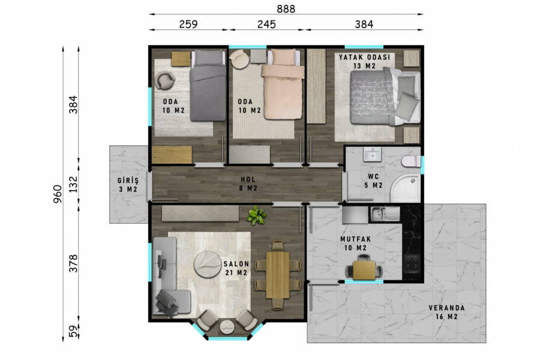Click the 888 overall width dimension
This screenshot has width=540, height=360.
click(286, 8)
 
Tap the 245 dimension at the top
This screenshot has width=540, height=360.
click(266, 24)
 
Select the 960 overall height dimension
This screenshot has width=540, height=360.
click(58, 194)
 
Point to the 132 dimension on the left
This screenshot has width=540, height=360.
click(73, 184)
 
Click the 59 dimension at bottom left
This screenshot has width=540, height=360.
click(73, 331)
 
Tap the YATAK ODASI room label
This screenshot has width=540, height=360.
click(365, 57)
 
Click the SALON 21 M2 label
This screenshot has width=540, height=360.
click(236, 268)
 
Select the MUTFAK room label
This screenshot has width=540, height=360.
click(356, 239)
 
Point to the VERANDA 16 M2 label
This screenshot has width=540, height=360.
click(446, 312)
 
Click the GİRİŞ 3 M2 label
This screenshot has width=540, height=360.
click(128, 185)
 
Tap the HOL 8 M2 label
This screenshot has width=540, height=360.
click(248, 184)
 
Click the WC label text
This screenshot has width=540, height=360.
click(373, 177)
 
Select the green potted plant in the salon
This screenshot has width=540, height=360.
click(256, 215)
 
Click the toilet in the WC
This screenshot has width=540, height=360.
click(411, 161)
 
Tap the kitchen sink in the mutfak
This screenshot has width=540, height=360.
click(385, 214)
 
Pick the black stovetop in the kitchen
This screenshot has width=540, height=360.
click(412, 264)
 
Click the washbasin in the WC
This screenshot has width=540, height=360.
click(372, 154)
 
